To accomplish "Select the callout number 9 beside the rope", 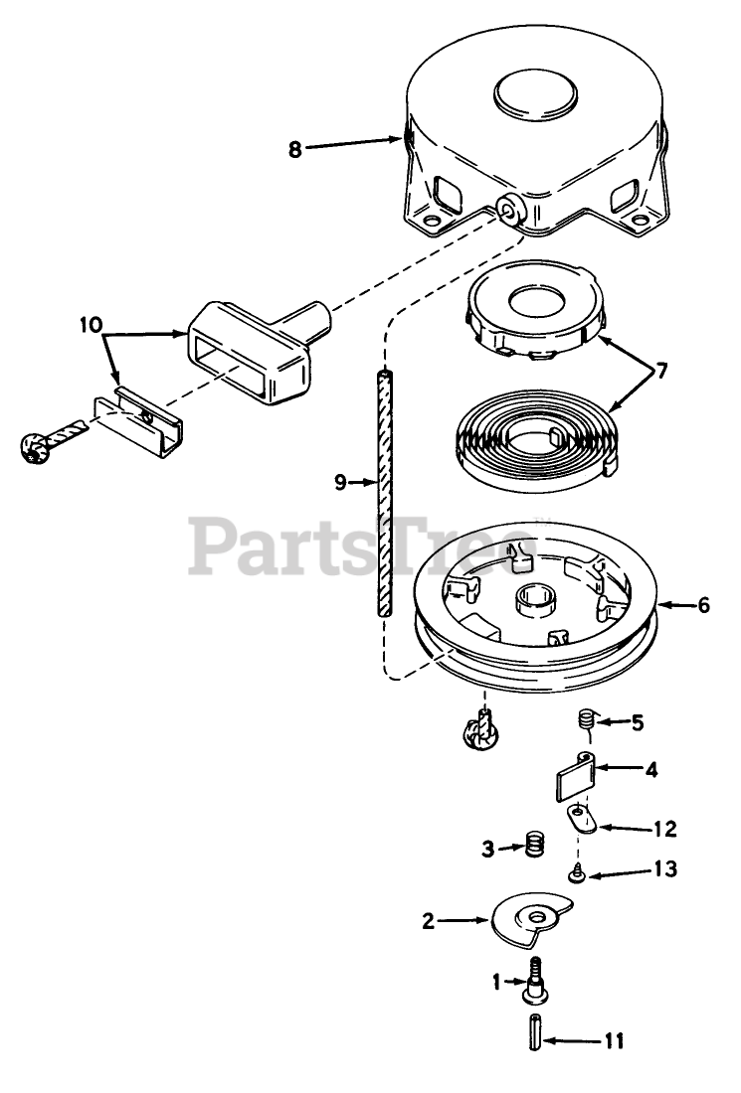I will click(340, 482).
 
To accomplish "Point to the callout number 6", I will click(703, 605).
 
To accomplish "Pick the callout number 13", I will click(665, 870).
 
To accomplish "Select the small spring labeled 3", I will click(535, 848).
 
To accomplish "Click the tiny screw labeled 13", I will click(576, 873).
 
